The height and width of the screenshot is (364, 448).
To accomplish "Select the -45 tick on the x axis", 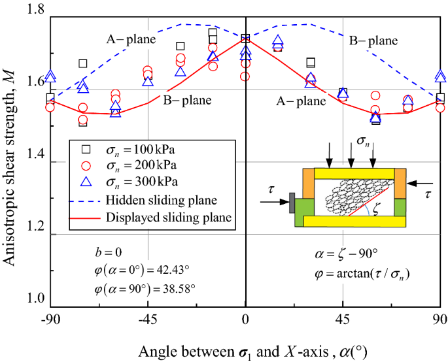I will tap(147, 320).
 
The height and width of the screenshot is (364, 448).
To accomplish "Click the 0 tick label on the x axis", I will tap(245, 320).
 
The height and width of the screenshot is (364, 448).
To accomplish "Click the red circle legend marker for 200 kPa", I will tap(83, 163).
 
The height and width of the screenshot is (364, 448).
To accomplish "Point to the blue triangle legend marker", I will tap(83, 180).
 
